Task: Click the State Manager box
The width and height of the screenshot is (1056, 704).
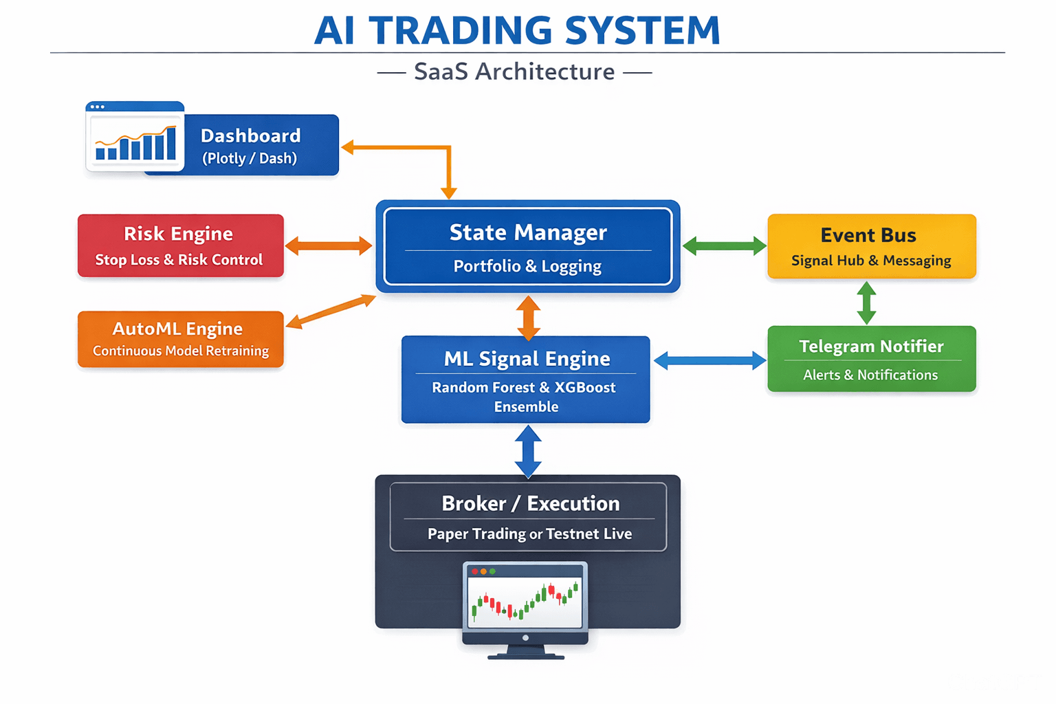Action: pyautogui.click(x=528, y=246)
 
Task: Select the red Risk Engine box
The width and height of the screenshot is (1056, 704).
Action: pyautogui.click(x=180, y=245)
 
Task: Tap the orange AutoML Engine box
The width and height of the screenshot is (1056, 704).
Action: pyautogui.click(x=180, y=339)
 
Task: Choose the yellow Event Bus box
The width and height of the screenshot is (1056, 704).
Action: pyautogui.click(x=871, y=246)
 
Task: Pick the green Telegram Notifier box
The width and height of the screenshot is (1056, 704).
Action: pyautogui.click(x=871, y=359)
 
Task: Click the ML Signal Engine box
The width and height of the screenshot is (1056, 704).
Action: pyautogui.click(x=526, y=379)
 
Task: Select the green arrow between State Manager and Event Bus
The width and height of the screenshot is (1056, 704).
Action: pyautogui.click(x=724, y=246)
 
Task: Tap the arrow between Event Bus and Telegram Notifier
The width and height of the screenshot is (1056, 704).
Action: pyautogui.click(x=866, y=302)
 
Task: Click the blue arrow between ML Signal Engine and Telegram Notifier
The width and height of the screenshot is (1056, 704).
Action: pyautogui.click(x=709, y=360)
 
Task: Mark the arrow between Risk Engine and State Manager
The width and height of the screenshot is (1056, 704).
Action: pyautogui.click(x=329, y=245)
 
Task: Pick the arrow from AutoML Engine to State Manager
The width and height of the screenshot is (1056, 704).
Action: pyautogui.click(x=331, y=311)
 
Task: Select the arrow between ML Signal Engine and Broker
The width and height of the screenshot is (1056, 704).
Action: pyautogui.click(x=528, y=451)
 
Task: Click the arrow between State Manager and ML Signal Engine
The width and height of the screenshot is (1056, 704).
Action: pyautogui.click(x=528, y=318)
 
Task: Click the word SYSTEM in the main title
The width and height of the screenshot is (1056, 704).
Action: pyautogui.click(x=642, y=31)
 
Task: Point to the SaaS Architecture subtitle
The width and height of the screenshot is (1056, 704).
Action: pyautogui.click(x=514, y=71)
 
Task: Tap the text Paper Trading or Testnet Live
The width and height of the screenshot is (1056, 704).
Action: pyautogui.click(x=529, y=534)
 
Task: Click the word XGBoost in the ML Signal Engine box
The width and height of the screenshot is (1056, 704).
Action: pyautogui.click(x=585, y=387)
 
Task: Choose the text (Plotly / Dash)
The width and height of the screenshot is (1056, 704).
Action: pyautogui.click(x=250, y=158)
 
